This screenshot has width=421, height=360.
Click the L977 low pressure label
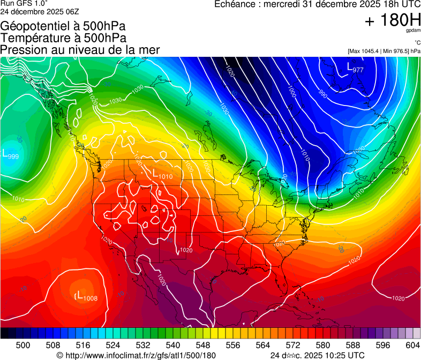tap(356, 68)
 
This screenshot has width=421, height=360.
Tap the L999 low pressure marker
tap(11, 155)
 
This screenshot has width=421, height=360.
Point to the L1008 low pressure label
tap(86, 296)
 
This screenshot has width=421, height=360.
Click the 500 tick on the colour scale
tap(23, 344)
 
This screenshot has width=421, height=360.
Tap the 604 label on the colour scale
tap(413, 344)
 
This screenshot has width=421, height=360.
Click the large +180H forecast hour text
tap(393, 21)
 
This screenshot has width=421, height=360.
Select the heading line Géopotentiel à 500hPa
tap(63, 26)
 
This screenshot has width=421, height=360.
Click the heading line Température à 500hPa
tap(63, 38)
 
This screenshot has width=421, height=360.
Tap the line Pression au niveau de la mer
tap(80, 50)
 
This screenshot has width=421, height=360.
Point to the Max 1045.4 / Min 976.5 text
tap(384, 51)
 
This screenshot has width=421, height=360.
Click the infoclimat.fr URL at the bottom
tap(136, 355)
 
